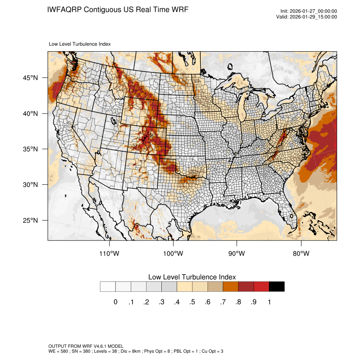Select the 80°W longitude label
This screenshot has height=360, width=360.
click(301, 254)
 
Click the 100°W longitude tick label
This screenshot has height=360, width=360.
click(173, 254)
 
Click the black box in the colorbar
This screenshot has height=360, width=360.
click(277, 287)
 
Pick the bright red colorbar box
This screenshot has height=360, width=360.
click(261, 287)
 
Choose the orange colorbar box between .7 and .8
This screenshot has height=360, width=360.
click(231, 287)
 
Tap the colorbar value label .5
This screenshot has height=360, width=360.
click(192, 302)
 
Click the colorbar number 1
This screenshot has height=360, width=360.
click(269, 302)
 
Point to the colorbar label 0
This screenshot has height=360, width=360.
click(116, 302)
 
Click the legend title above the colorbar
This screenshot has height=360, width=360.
click(192, 277)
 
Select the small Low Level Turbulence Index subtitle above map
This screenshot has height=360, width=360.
click(80, 44)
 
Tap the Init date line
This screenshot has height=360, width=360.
click(309, 11)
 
